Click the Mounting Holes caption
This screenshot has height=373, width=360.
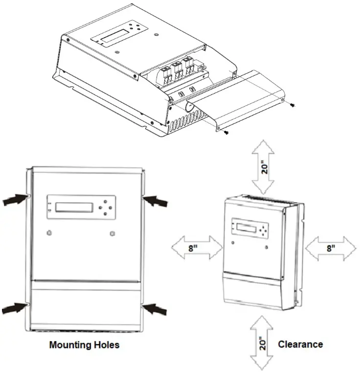(x=84, y=345)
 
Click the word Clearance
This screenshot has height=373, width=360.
(x=300, y=344)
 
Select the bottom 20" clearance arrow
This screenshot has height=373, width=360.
(x=264, y=343)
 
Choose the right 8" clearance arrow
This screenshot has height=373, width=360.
(x=331, y=247)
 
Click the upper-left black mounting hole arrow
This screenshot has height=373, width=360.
(x=14, y=198)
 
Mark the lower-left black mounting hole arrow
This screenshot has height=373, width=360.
(x=14, y=307)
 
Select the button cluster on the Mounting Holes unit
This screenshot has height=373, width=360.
(x=104, y=207)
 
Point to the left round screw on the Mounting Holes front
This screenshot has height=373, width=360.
(x=49, y=233)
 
